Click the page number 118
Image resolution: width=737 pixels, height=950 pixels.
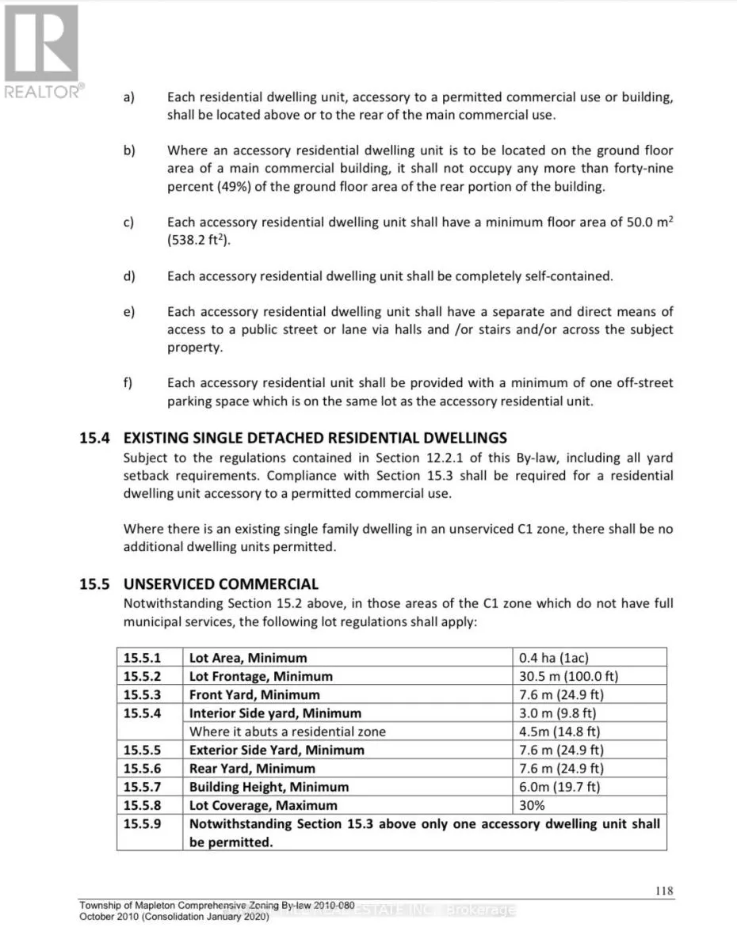tap(664, 891)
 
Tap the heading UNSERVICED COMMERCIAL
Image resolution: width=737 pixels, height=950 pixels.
tap(221, 584)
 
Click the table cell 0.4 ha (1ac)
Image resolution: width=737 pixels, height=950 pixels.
tap(554, 658)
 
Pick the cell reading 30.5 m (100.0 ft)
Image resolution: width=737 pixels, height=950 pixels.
tap(568, 676)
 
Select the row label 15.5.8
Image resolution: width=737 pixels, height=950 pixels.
tap(143, 805)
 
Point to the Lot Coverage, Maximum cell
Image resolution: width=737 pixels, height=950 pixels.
tap(263, 805)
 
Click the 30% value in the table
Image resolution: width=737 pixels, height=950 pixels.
tap(532, 805)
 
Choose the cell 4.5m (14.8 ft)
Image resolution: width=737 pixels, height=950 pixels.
tap(559, 731)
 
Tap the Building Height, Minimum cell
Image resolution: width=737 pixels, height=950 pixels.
tap(269, 787)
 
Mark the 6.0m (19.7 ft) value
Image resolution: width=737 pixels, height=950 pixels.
tap(559, 787)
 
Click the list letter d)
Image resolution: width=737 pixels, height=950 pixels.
tap(128, 276)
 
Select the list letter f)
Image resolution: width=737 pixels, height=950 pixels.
tap(128, 382)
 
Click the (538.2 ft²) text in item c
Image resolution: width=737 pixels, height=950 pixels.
tap(198, 241)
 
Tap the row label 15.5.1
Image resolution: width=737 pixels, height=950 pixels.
tap(143, 658)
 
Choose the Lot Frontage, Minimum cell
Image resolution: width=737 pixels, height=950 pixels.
tap(261, 676)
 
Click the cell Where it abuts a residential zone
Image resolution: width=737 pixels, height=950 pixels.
tap(288, 731)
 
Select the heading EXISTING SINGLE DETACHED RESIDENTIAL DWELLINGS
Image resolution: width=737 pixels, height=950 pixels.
tap(315, 438)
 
